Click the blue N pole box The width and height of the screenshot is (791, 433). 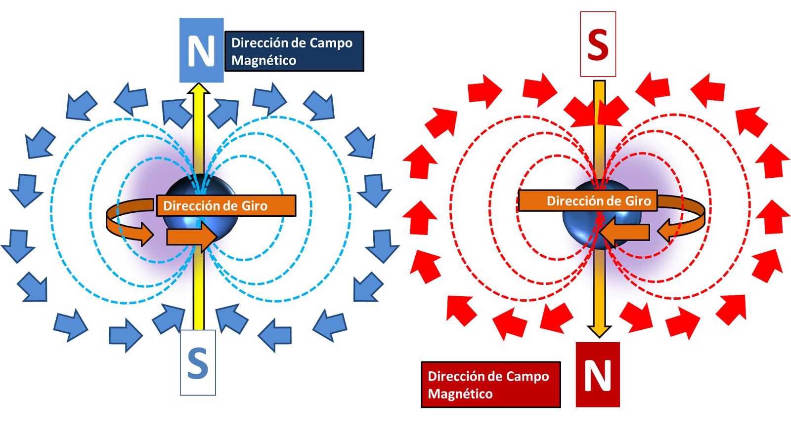(x=201, y=50)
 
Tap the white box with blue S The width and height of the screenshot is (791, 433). (x=198, y=362)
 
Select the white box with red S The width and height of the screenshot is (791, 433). (x=598, y=44)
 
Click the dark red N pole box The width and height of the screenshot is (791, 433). (x=598, y=375)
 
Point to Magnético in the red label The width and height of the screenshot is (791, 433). (x=460, y=394)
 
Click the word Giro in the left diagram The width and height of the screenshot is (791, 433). (x=254, y=206)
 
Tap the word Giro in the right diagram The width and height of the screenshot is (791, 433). (x=638, y=201)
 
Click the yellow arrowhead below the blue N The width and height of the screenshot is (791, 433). (x=199, y=89)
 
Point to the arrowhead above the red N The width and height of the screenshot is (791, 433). (x=599, y=330)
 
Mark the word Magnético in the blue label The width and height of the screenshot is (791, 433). (x=264, y=61)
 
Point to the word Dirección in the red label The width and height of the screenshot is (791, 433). (x=458, y=376)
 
